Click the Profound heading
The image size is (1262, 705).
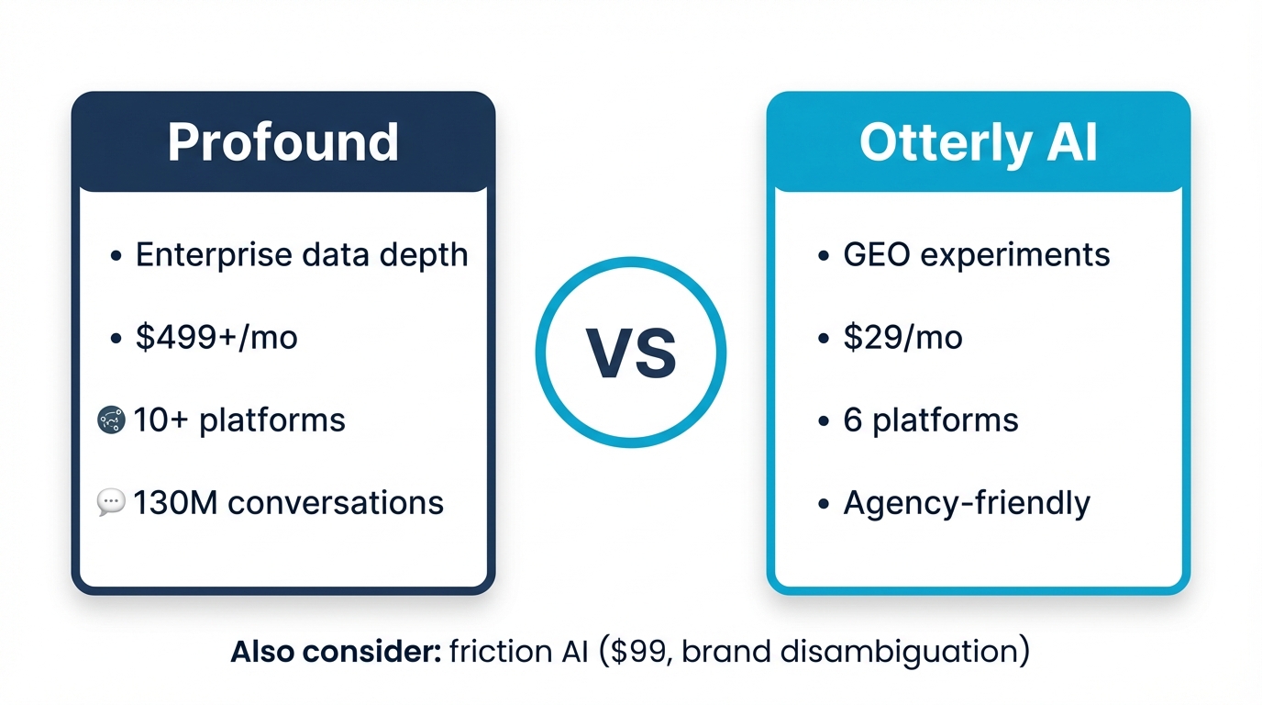tap(283, 142)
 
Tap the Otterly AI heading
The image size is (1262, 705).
tap(978, 142)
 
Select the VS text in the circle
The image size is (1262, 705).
tap(631, 353)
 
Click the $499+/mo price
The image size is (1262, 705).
tap(216, 338)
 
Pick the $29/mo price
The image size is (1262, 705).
tap(902, 338)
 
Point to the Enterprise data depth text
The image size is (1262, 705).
tap(302, 254)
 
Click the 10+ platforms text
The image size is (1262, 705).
tap(239, 420)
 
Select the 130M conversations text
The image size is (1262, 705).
tap(288, 503)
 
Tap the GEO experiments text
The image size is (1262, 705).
tap(977, 254)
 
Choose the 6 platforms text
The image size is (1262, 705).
tap(931, 420)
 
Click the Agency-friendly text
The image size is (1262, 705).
tap(967, 503)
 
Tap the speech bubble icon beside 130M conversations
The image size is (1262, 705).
tap(110, 502)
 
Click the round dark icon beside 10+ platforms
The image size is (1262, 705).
tap(110, 420)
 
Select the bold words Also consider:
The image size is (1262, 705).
tap(336, 652)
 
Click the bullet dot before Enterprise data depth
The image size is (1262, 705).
tap(116, 257)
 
